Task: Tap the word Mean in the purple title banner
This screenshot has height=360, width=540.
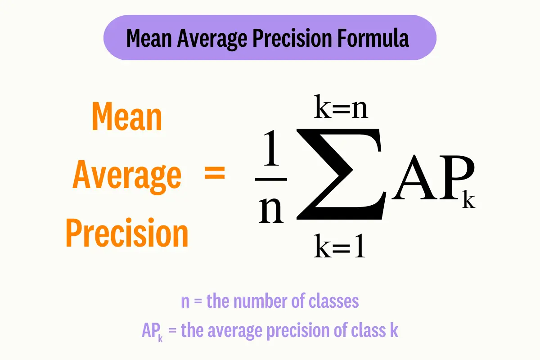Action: [x=149, y=39]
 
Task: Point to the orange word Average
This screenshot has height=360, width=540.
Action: [x=127, y=175]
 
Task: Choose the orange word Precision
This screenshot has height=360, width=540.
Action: [x=127, y=233]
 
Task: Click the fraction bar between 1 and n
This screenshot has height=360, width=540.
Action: [x=271, y=179]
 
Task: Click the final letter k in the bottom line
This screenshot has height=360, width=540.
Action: [x=394, y=331]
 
